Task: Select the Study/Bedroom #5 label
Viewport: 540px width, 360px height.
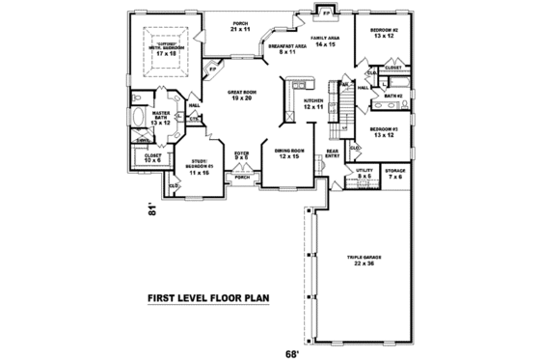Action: tap(201, 165)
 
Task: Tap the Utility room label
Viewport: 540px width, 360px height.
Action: tap(364, 175)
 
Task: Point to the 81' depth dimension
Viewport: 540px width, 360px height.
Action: tap(150, 209)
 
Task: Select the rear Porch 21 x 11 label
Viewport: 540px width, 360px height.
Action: tap(240, 26)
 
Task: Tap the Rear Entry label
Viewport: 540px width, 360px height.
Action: tap(331, 153)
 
